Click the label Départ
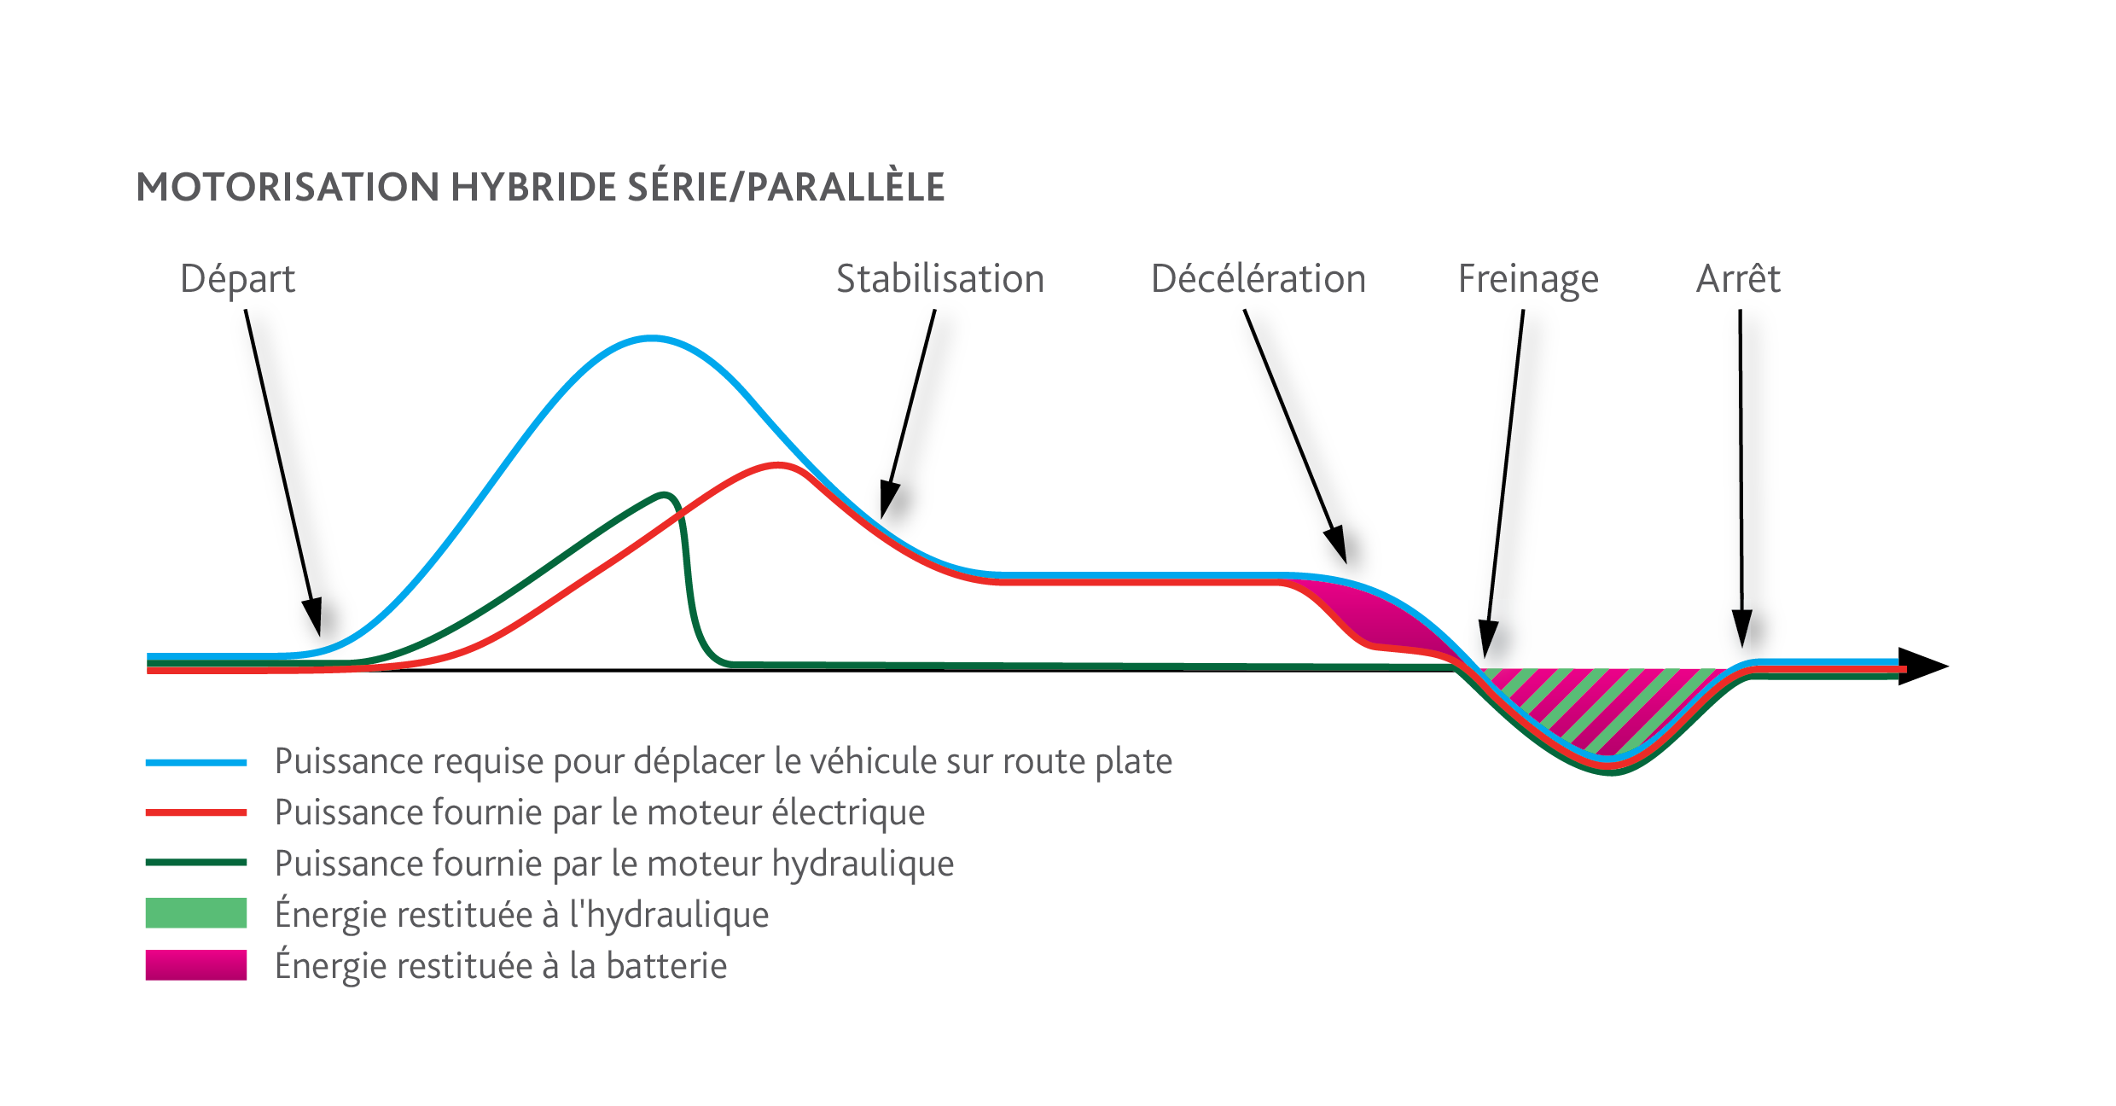point(237,279)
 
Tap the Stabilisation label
point(939,279)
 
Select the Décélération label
point(1258,279)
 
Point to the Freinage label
point(1527,279)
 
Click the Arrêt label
point(1738,279)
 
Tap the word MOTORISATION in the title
point(288,188)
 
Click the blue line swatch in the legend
point(196,762)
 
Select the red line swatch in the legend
point(196,812)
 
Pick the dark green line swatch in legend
point(196,863)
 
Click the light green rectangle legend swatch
point(196,913)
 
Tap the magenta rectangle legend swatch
point(196,964)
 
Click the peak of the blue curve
point(652,339)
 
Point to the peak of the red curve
point(778,465)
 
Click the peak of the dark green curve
point(665,495)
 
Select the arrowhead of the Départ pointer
point(314,616)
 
